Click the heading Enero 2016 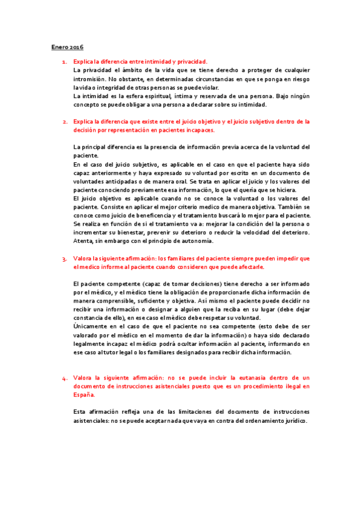(66, 46)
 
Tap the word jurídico (293, 421)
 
